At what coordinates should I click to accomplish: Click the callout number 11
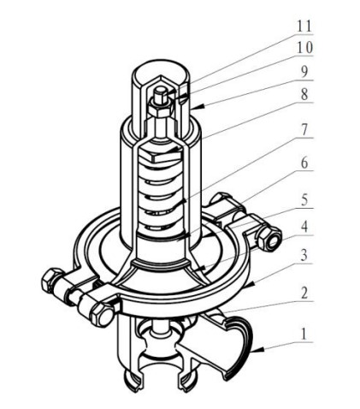click(x=304, y=27)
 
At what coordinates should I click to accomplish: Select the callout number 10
click(x=304, y=48)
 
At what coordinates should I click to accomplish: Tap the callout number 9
click(x=304, y=72)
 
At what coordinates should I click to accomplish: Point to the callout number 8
click(x=304, y=94)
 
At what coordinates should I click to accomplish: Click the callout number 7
click(x=304, y=130)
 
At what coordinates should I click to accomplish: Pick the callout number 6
click(x=304, y=163)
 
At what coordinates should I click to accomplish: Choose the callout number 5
click(x=304, y=200)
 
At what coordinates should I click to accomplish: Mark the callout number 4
click(x=304, y=227)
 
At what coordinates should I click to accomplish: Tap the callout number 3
click(x=304, y=255)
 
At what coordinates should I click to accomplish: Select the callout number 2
click(x=304, y=293)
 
